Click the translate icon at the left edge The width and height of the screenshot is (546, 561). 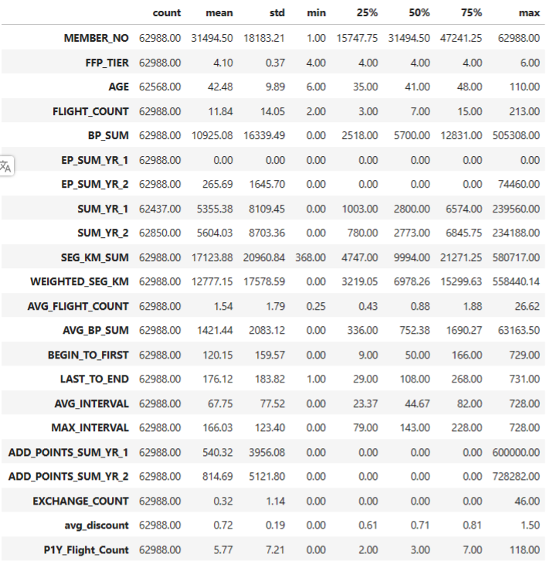click(6, 165)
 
